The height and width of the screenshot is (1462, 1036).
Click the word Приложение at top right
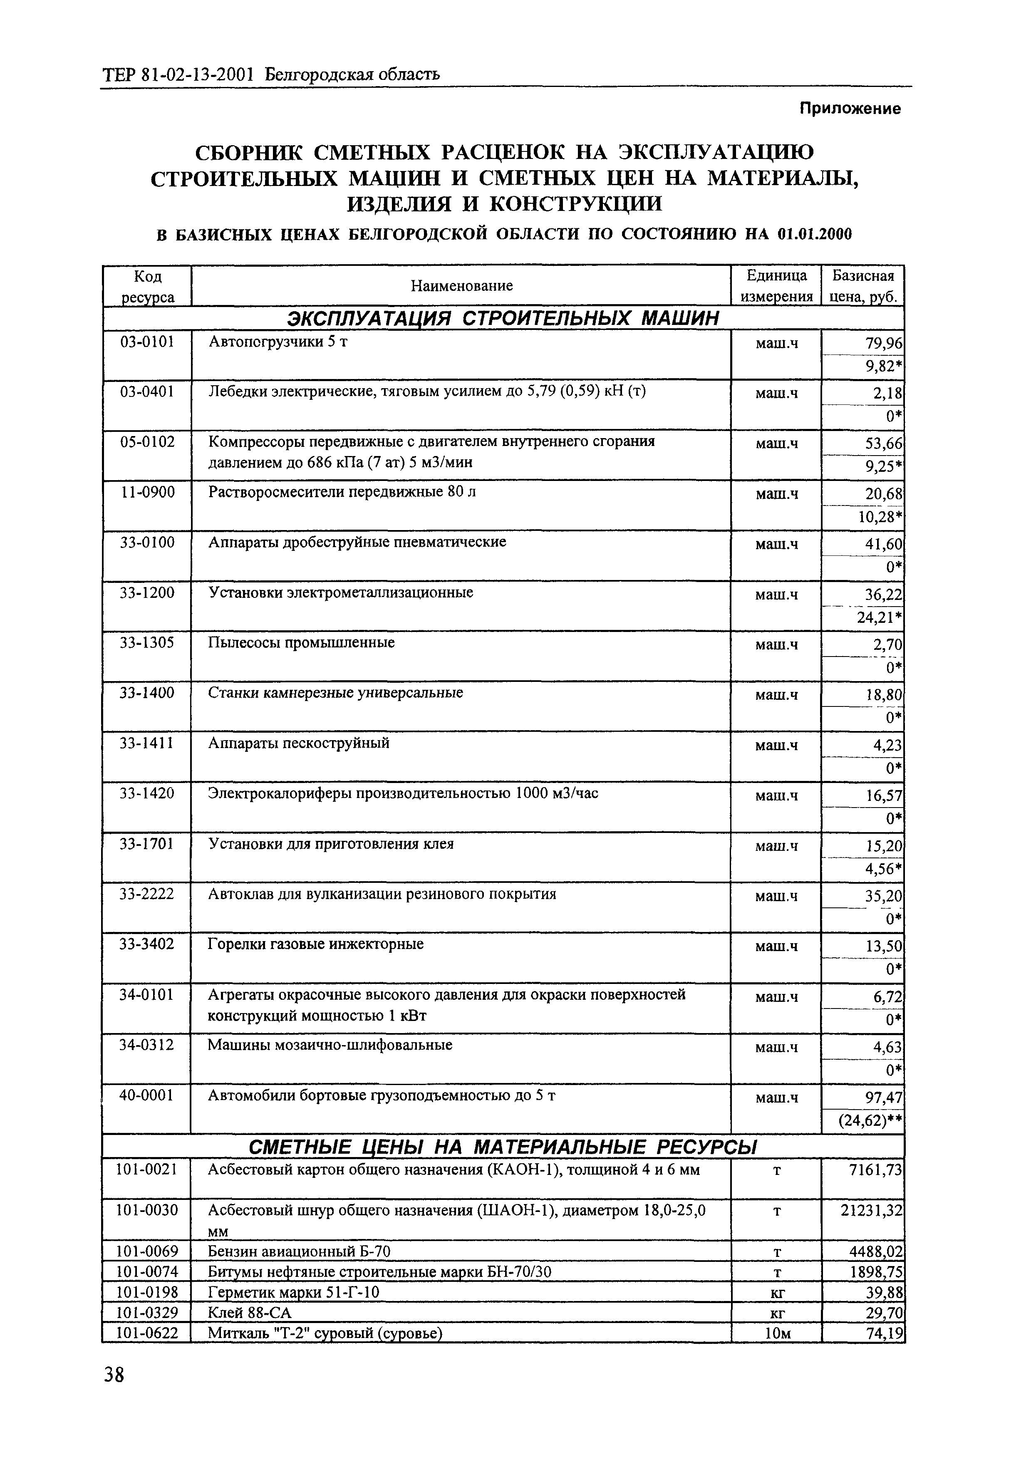coord(850,109)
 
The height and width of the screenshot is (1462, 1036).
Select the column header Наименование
coord(461,286)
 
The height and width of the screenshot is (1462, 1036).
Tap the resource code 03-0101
coord(147,342)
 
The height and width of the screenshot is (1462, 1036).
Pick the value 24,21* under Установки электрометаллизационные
coord(880,617)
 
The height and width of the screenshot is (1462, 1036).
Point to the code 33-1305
coord(147,643)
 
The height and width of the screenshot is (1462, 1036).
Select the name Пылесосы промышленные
coord(301,643)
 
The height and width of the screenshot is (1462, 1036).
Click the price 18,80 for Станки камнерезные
coord(884,695)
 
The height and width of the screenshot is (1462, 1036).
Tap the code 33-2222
coord(147,894)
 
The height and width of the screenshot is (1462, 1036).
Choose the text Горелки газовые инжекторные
coord(316,944)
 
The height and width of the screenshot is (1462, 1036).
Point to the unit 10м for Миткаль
coord(776,1333)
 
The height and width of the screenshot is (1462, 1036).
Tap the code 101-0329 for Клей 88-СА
coord(147,1313)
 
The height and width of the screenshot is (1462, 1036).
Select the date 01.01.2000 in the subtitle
coord(815,234)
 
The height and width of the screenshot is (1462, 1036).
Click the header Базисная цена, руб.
coord(863,286)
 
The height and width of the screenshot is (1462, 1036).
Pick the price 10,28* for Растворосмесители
coord(880,517)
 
